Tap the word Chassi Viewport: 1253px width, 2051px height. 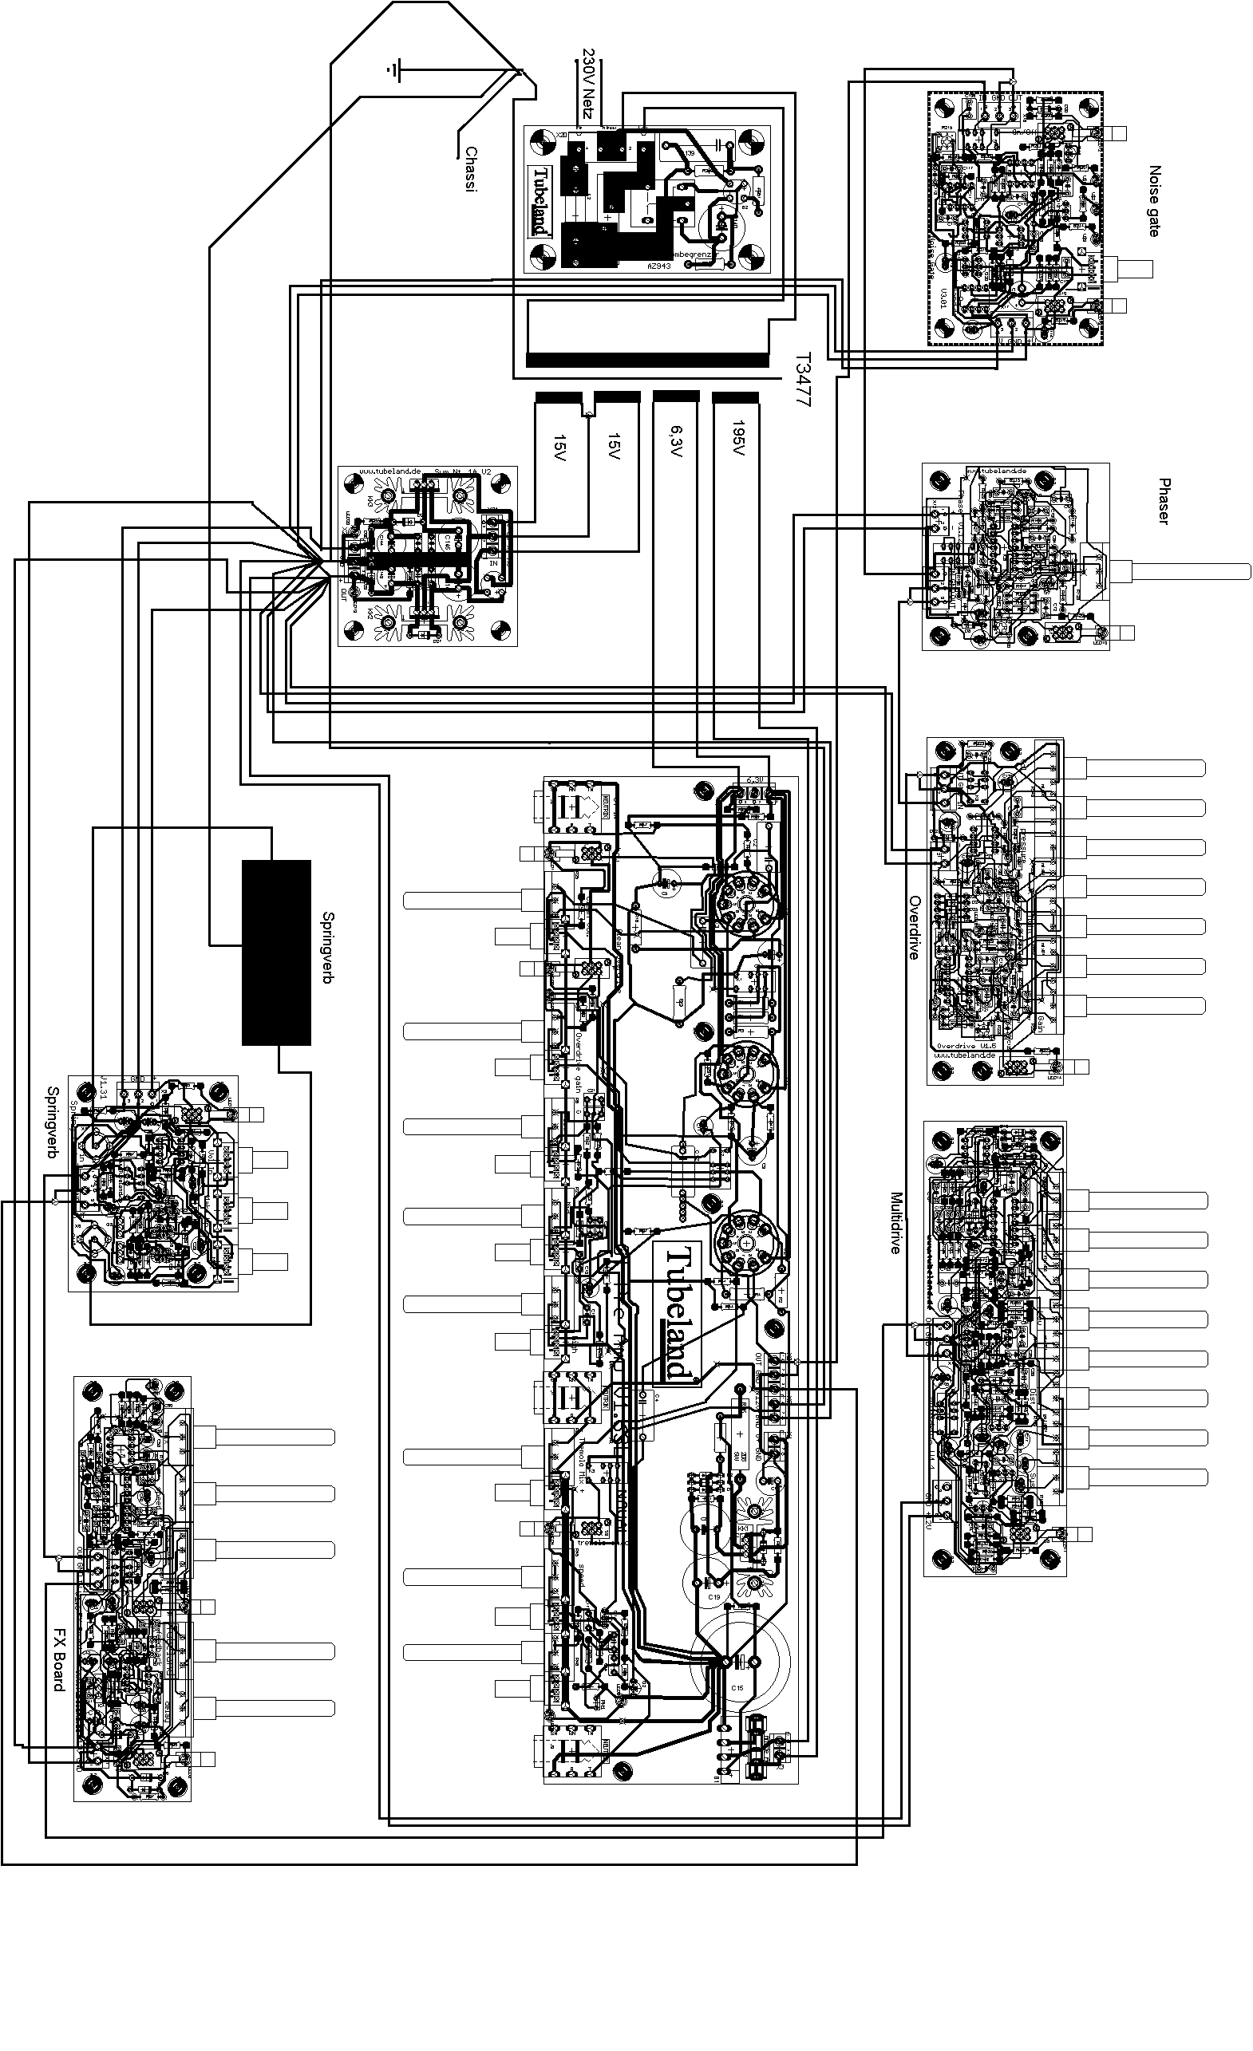pyautogui.click(x=471, y=169)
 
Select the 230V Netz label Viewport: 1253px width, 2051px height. pyautogui.click(x=587, y=83)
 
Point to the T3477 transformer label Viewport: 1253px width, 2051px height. pyautogui.click(x=802, y=379)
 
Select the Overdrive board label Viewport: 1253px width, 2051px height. pyautogui.click(x=913, y=928)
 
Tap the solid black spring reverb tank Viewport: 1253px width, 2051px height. pyautogui.click(x=276, y=953)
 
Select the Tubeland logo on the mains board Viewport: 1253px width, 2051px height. pyautogui.click(x=541, y=200)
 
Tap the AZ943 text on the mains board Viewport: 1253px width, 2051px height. pyautogui.click(x=658, y=266)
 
